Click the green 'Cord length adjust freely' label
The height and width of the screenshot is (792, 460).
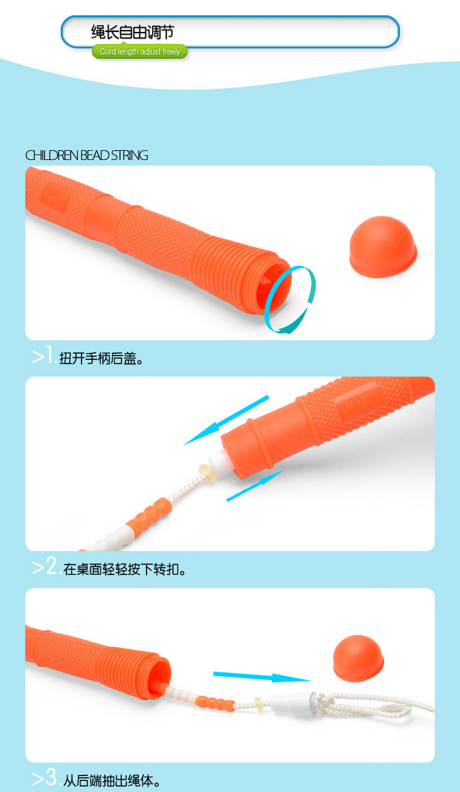(140, 52)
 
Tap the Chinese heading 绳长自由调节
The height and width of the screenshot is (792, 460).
(132, 32)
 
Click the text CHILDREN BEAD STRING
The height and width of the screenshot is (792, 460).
(86, 156)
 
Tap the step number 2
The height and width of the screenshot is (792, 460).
(45, 568)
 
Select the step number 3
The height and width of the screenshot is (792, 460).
(45, 779)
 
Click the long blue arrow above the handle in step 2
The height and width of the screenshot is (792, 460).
(226, 420)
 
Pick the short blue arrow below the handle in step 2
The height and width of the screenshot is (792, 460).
(254, 486)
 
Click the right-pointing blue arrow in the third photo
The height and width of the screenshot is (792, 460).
(261, 676)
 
